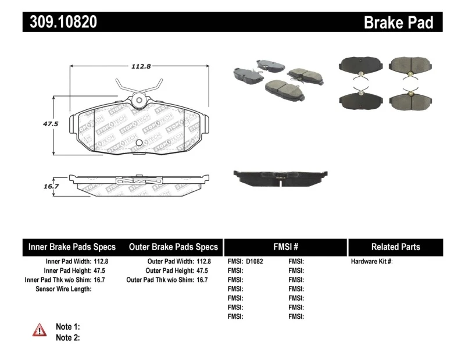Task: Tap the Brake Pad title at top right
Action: pos(398,22)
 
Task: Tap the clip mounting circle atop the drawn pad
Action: pos(139,100)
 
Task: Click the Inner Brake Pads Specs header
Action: pos(72,247)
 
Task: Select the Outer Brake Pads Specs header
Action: pos(173,247)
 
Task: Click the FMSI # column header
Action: pos(285,247)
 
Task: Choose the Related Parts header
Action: pos(396,247)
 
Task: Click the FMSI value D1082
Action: pos(255,262)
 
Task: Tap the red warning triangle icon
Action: pos(40,330)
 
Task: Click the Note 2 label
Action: pos(67,337)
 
